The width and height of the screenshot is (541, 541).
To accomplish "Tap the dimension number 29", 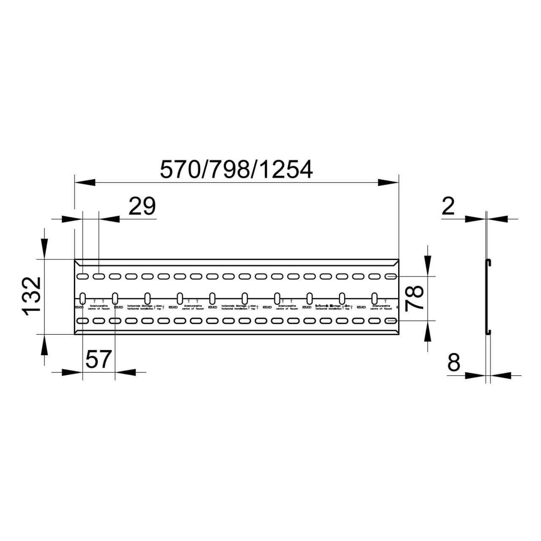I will click(x=142, y=206).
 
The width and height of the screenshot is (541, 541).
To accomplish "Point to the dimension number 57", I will click(x=98, y=360).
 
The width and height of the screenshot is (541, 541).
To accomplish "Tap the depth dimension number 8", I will click(x=453, y=362).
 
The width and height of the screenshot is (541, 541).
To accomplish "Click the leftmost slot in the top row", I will click(x=82, y=277).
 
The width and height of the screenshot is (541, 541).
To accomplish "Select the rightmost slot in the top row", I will click(x=391, y=277).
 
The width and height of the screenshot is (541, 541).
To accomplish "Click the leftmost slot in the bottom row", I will click(x=82, y=321).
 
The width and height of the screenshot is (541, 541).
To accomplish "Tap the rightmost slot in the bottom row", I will click(x=391, y=321).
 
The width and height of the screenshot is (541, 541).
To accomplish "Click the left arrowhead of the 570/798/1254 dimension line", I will click(x=85, y=182).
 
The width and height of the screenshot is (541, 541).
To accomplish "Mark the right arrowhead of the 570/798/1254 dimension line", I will click(x=388, y=182).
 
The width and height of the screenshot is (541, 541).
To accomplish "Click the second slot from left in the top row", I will click(x=98, y=277).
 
